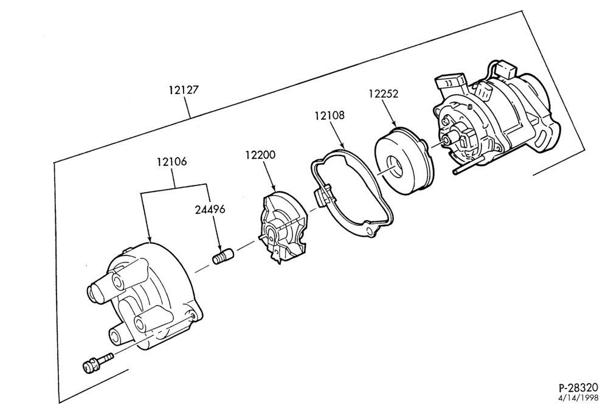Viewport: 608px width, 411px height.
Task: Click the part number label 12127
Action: click(x=184, y=90)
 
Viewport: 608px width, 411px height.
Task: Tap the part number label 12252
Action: click(x=384, y=94)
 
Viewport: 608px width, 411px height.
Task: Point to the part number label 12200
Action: click(x=260, y=155)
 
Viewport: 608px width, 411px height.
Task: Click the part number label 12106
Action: click(x=171, y=161)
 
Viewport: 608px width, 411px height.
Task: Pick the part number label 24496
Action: click(x=210, y=209)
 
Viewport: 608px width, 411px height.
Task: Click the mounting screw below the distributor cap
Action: click(x=97, y=362)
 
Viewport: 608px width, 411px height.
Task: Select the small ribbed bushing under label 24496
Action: click(x=223, y=257)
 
